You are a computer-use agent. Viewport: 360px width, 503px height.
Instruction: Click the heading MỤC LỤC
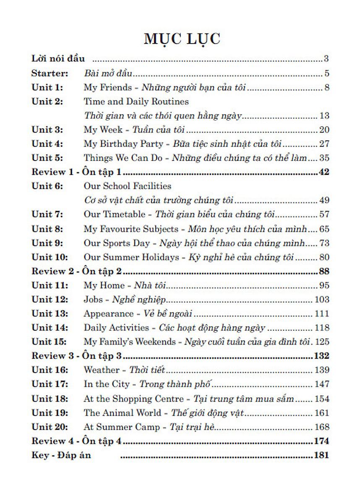[x=182, y=39]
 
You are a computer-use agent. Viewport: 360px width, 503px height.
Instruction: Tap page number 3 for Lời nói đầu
[x=326, y=59]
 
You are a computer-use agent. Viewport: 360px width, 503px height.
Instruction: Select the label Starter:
[x=50, y=73]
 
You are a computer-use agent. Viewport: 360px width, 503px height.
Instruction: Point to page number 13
[x=324, y=116]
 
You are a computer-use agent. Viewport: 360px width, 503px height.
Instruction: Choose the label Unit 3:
[x=47, y=130]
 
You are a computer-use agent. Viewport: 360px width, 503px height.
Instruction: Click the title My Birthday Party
[x=123, y=144]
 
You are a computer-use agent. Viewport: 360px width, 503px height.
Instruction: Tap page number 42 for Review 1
[x=324, y=172]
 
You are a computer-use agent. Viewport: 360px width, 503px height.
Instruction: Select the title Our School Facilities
[x=128, y=186]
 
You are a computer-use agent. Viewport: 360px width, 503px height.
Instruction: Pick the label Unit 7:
[x=47, y=214]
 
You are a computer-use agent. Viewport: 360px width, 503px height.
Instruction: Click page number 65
[x=324, y=229]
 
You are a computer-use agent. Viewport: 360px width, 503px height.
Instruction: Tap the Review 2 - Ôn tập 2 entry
[x=76, y=272]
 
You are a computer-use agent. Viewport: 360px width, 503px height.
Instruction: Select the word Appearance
[x=108, y=314]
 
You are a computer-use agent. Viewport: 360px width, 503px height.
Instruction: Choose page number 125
[x=322, y=342]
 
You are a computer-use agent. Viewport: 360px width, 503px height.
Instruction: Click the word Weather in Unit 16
[x=102, y=370]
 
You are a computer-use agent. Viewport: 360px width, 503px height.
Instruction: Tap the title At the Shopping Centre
[x=133, y=399]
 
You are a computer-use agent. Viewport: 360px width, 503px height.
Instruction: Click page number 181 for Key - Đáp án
[x=321, y=455]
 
